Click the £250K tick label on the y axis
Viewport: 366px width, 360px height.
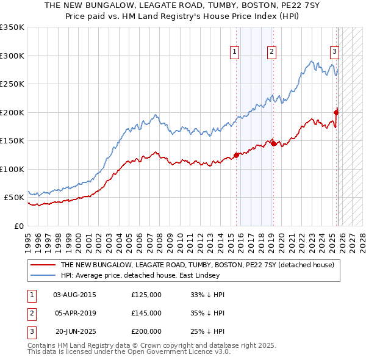pos(12,84)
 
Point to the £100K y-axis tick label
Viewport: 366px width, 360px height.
pos(12,169)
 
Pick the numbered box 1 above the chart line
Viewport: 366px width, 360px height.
pos(235,52)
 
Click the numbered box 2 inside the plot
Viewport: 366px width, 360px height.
pos(271,52)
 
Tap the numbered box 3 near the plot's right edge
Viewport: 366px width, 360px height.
pos(334,52)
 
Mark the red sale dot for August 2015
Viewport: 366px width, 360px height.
pos(236,155)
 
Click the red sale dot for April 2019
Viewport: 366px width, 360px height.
pos(273,143)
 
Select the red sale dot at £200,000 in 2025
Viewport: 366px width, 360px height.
pos(336,112)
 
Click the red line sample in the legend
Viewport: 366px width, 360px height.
pos(43,265)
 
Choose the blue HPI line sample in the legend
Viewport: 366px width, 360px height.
pos(43,275)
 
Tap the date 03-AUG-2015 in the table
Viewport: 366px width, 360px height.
pos(75,295)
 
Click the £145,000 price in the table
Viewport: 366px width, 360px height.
pos(146,313)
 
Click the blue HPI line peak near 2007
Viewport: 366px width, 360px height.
pos(156,115)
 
